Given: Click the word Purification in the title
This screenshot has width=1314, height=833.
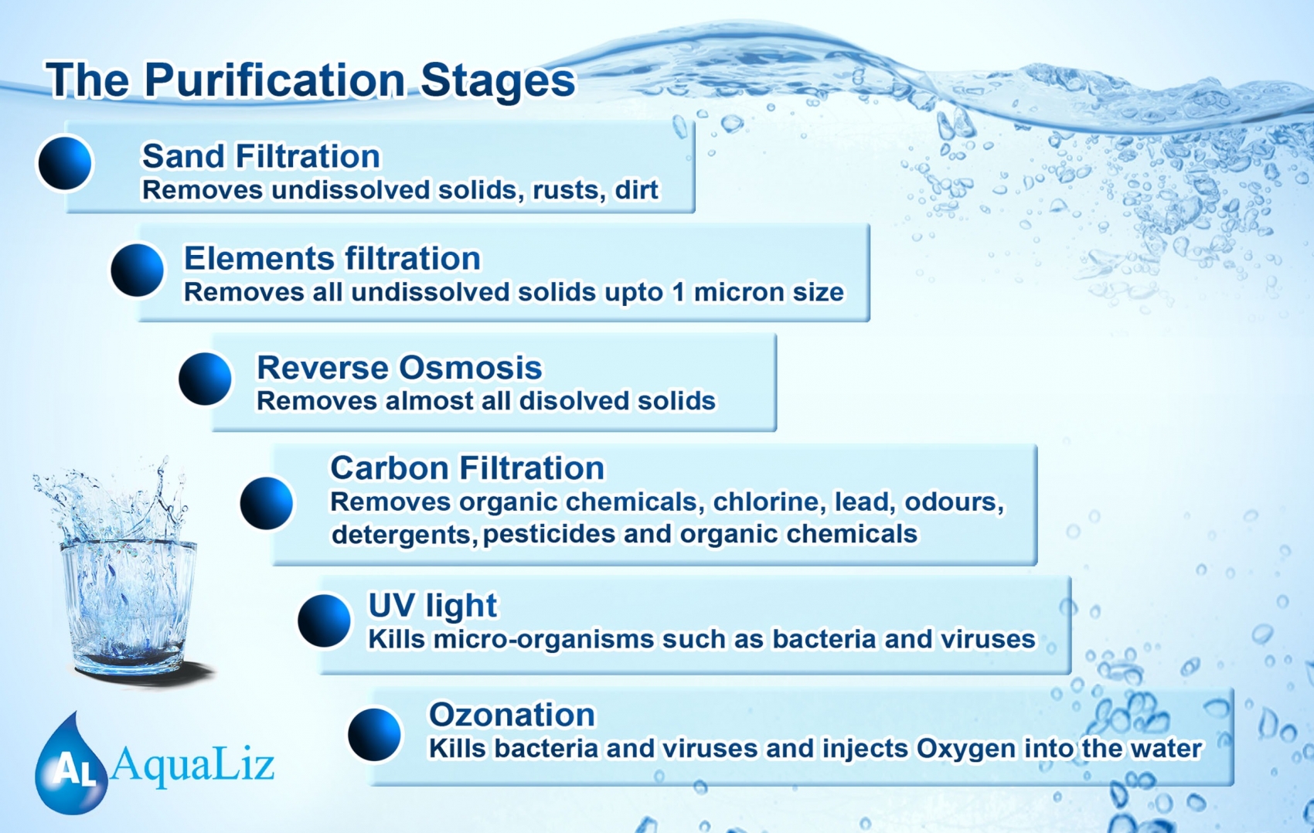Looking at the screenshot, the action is (274, 82).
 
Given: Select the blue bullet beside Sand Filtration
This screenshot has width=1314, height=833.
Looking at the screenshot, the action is (65, 163).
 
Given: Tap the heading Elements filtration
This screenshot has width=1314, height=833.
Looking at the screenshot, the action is (332, 259).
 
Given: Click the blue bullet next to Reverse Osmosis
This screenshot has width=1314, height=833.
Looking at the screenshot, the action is (205, 379).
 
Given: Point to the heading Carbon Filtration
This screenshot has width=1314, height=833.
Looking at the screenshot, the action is (467, 468).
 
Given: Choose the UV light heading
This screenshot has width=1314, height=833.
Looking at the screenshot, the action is (432, 605).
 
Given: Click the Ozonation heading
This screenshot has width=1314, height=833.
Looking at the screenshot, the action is (512, 715).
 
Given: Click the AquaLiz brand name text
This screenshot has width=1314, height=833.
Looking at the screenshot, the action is (192, 766).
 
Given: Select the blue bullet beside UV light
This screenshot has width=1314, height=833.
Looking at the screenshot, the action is (324, 620).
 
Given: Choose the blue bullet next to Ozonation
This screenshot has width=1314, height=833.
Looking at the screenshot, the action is (374, 734).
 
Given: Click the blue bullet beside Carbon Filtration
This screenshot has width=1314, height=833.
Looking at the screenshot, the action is (267, 503).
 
